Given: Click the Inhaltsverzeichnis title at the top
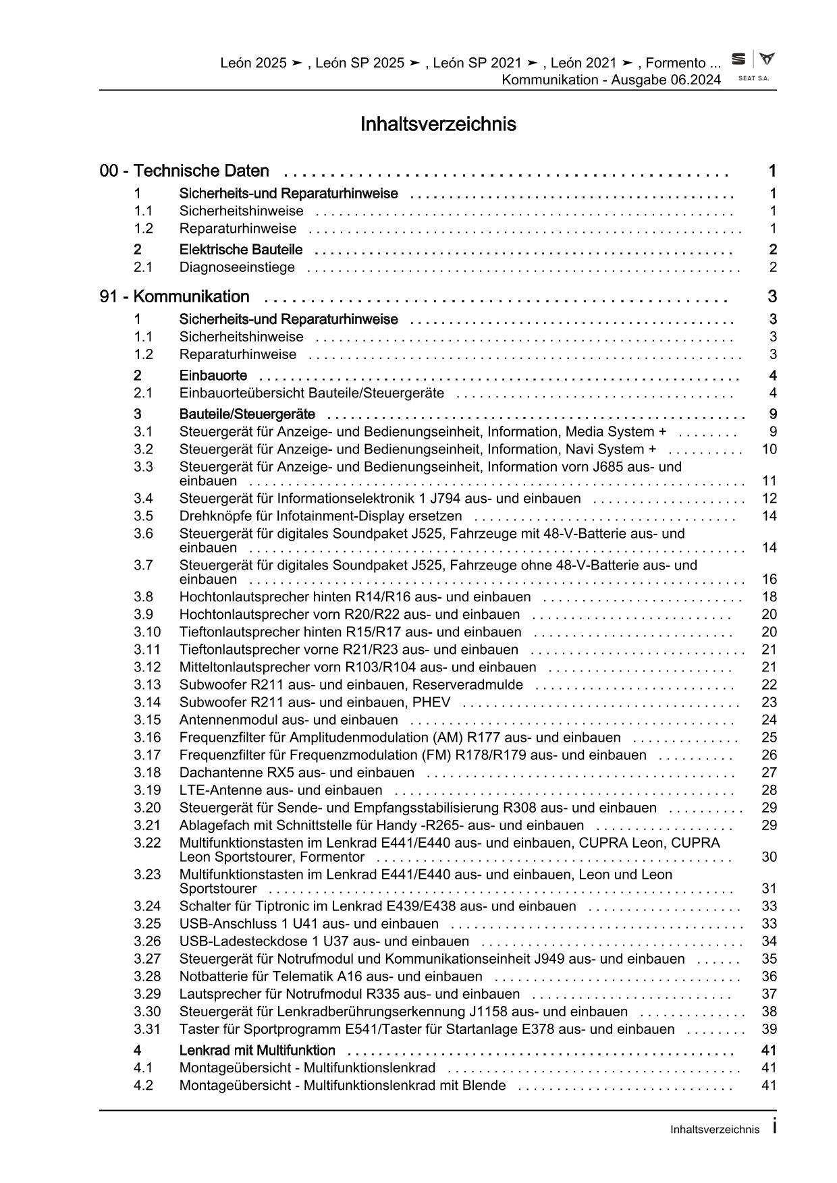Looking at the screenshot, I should click(x=438, y=125).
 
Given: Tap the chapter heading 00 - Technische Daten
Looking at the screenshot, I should click(x=184, y=171).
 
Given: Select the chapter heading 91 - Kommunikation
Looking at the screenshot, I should click(x=174, y=297).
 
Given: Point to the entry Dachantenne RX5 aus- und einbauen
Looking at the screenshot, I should click(x=297, y=773).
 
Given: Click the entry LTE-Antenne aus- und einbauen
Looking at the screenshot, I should click(x=281, y=790).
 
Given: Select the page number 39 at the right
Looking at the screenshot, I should click(x=769, y=1029).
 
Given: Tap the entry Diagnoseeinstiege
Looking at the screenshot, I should click(x=237, y=267).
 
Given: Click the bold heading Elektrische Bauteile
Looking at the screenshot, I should click(x=241, y=250).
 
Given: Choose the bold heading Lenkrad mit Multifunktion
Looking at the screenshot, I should click(x=257, y=1051).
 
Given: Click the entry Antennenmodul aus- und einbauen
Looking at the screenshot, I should click(x=288, y=720).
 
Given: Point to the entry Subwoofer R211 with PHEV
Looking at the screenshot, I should click(x=315, y=703).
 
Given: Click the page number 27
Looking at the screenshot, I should click(x=769, y=773).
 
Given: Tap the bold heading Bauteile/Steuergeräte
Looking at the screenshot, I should click(x=247, y=414).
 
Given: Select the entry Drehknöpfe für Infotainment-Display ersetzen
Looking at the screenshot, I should click(x=321, y=516).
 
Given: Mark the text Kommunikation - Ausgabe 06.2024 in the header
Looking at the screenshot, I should click(x=611, y=80).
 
